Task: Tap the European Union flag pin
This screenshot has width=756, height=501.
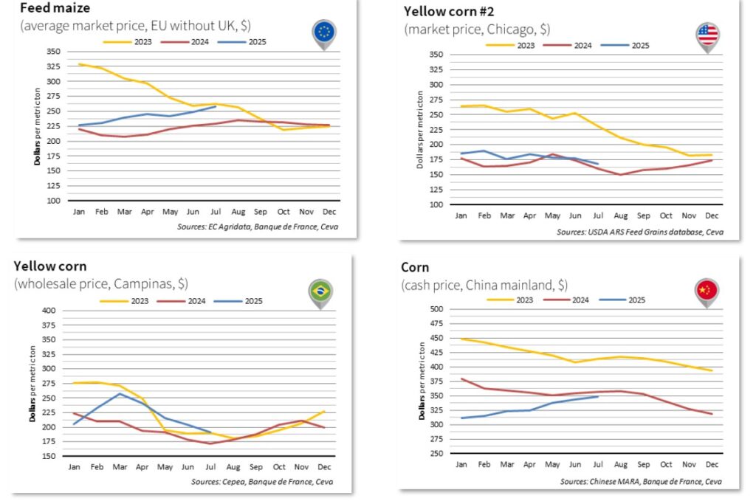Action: [x=323, y=32]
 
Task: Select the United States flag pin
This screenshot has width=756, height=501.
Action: [x=707, y=34]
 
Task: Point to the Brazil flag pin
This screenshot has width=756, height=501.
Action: [x=320, y=290]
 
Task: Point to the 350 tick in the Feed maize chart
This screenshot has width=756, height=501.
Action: [x=52, y=52]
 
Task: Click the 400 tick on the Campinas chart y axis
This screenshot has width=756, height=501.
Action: [x=48, y=311]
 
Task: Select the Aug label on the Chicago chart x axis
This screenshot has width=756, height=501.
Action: [x=621, y=215]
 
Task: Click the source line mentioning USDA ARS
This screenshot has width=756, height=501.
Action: [x=640, y=232]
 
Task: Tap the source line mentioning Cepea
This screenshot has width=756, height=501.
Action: [x=271, y=482]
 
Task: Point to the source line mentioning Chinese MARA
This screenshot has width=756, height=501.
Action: [x=641, y=482]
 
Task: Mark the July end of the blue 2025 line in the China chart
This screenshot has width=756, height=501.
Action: [x=597, y=396]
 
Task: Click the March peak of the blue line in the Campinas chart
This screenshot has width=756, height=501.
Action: [x=120, y=393]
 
